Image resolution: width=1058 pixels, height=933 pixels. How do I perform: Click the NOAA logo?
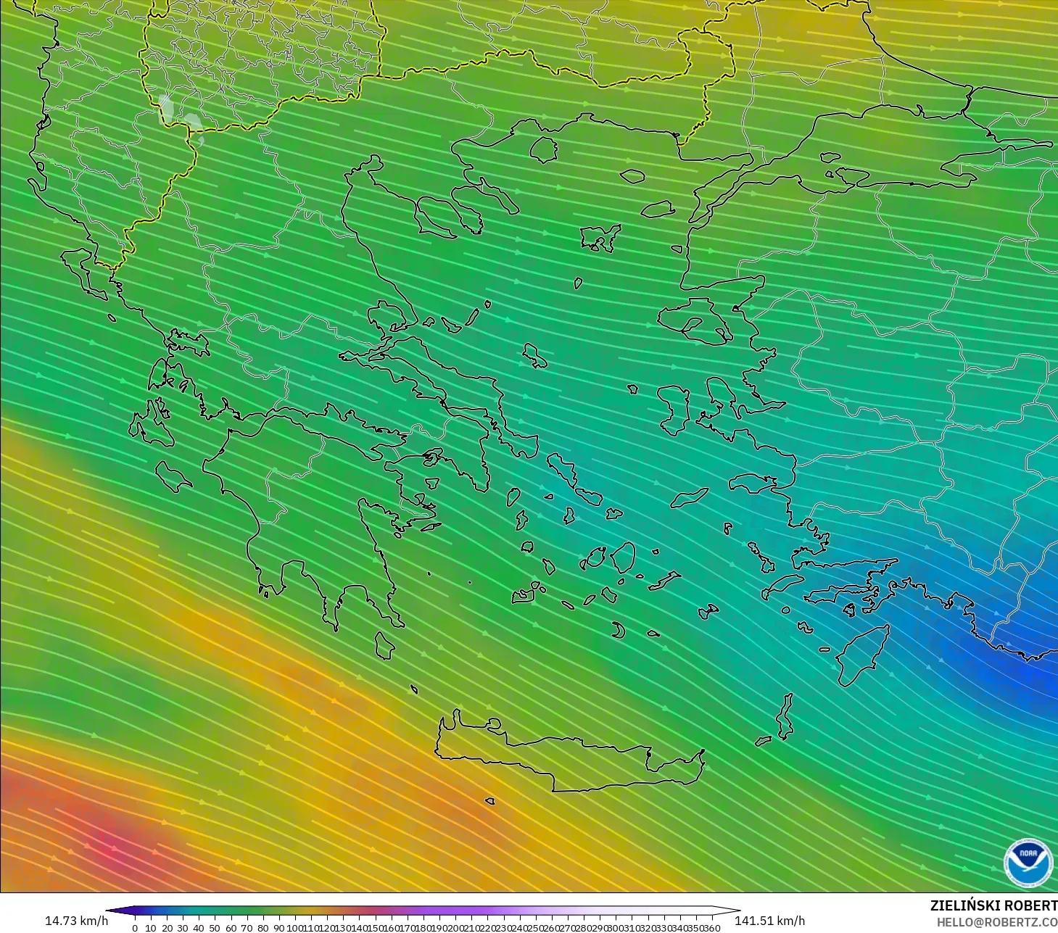pos(1028,862)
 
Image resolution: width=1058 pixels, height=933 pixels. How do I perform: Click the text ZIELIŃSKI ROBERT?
pos(993,906)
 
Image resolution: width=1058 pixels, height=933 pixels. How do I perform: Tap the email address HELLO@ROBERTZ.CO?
pos(996,922)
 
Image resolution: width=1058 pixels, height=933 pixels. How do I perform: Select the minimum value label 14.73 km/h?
pos(76,921)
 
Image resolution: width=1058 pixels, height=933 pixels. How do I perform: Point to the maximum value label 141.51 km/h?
pos(769,921)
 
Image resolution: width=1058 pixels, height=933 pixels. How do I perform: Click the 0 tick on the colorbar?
pos(135,928)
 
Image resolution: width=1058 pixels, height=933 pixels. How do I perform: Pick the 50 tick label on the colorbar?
pos(215,928)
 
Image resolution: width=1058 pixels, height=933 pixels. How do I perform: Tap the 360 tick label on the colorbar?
pos(712,928)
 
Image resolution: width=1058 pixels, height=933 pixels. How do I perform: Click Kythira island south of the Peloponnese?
pos(384,645)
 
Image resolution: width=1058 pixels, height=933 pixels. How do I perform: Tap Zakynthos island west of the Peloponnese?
pos(173,476)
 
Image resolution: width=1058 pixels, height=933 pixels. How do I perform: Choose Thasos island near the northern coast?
pos(543,150)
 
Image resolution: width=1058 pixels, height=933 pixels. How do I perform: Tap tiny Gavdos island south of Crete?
pos(489,802)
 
